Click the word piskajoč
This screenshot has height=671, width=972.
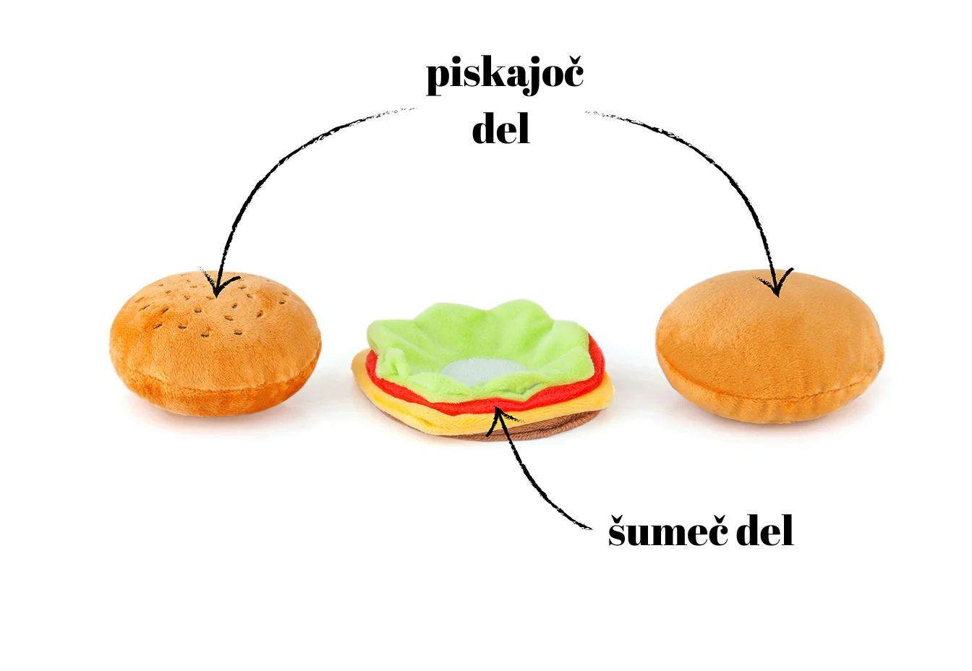coord(504,75)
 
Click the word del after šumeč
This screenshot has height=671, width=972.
coord(764,531)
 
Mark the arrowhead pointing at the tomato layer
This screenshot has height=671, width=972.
coord(497,416)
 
